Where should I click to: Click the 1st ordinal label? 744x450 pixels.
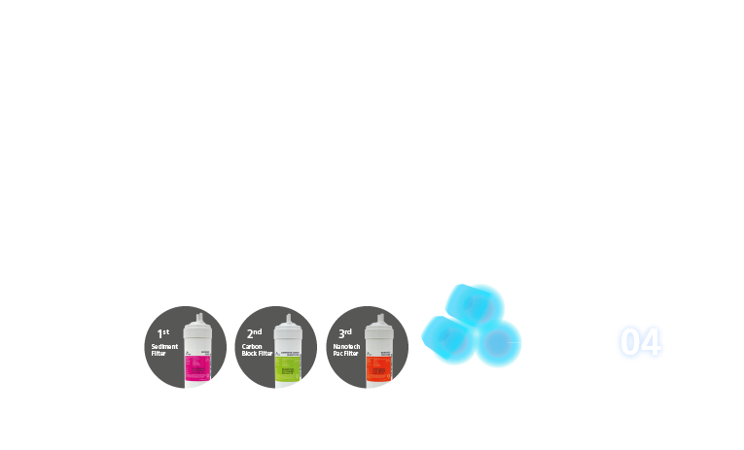[x=163, y=333]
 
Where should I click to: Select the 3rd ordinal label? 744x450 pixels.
[x=344, y=333]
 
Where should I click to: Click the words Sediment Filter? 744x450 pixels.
[x=164, y=350]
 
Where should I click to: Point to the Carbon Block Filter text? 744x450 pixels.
[x=257, y=350]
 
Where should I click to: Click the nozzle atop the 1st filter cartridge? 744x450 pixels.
[x=198, y=316]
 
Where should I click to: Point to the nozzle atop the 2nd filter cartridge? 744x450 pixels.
[x=289, y=316]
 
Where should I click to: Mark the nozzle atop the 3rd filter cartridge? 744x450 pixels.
[x=379, y=316]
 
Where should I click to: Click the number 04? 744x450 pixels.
[x=641, y=343]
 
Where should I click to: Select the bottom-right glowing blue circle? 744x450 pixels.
[x=497, y=343]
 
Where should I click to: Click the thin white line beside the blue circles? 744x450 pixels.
[x=514, y=343]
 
